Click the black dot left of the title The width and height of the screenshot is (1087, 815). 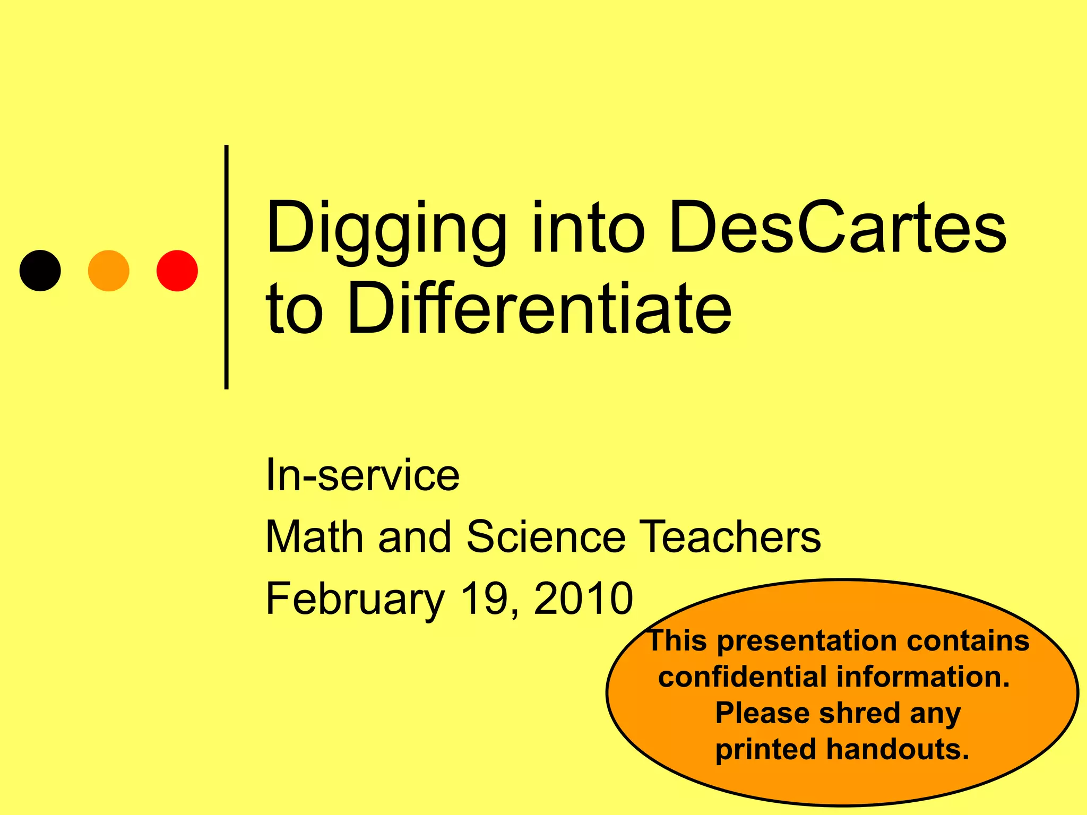pos(40,271)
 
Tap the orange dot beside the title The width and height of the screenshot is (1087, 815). pos(109,271)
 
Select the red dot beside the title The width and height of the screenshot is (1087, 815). pos(177,271)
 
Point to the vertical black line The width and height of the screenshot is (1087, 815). pos(227,267)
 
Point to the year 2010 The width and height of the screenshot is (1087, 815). pos(583,599)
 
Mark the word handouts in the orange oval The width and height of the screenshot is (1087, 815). pos(898,749)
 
